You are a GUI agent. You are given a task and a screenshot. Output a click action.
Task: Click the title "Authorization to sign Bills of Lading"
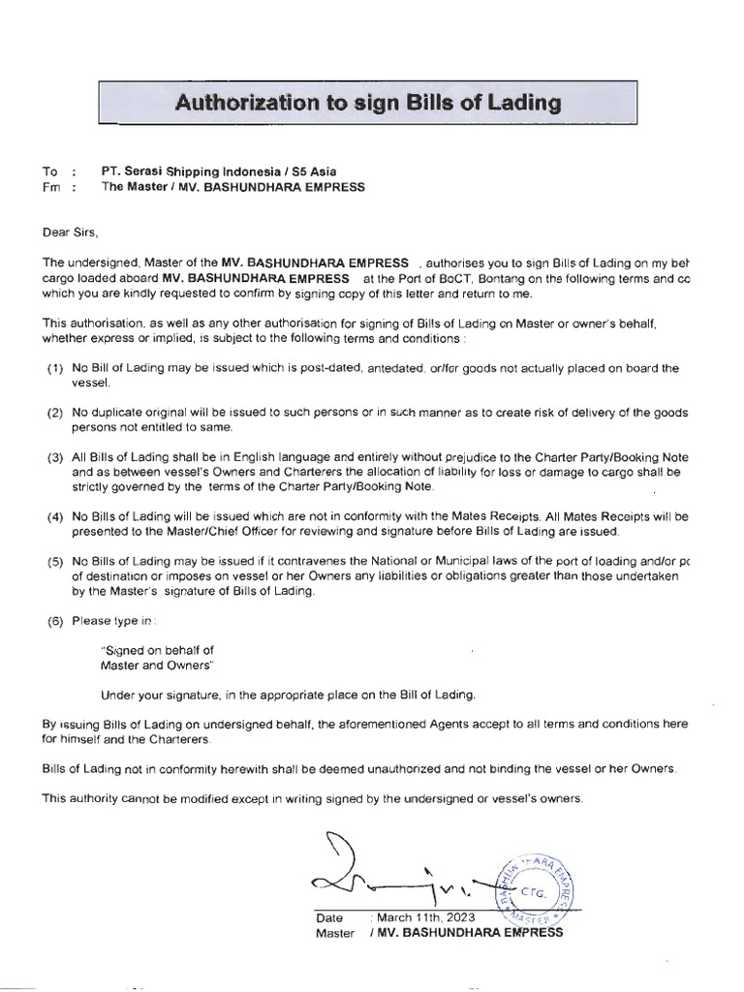[x=367, y=102]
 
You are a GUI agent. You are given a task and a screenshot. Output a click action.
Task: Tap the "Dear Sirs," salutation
[x=71, y=232]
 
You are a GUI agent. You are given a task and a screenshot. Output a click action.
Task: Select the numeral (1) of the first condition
[x=55, y=369]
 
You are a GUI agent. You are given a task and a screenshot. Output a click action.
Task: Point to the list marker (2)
[x=55, y=414]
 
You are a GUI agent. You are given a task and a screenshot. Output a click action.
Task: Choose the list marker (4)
[x=55, y=517]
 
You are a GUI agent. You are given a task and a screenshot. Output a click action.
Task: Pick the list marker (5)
[x=55, y=562]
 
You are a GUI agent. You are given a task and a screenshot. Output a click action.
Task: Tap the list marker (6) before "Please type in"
[x=55, y=621]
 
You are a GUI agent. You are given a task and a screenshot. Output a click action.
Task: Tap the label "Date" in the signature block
[x=329, y=917]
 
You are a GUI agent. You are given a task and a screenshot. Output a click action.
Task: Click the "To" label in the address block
[x=49, y=171]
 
